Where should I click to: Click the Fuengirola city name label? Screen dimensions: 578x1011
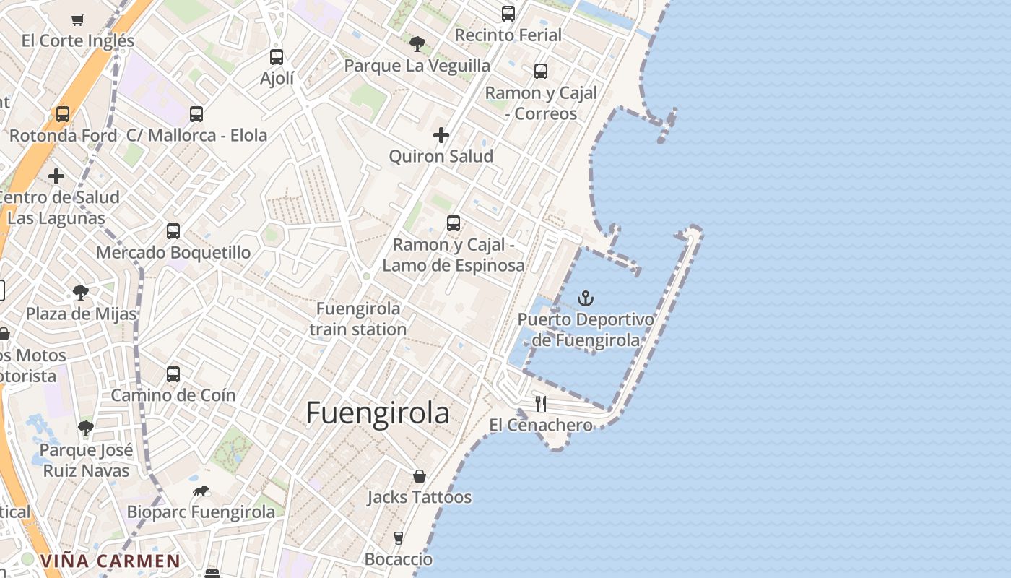(x=378, y=413)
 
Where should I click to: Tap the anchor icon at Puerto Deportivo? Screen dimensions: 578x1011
(x=586, y=298)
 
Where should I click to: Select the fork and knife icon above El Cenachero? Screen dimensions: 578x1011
(x=541, y=403)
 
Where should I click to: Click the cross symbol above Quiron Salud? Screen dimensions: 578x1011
(x=441, y=135)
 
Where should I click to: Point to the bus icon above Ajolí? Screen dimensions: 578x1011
(x=277, y=56)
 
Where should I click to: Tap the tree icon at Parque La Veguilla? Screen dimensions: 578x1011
(x=417, y=44)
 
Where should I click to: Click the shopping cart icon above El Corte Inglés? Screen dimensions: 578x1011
(x=78, y=20)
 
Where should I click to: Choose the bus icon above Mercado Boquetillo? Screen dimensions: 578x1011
(x=173, y=231)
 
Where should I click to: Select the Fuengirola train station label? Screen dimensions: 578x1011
(x=358, y=319)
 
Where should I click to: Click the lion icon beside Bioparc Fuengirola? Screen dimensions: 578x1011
(x=201, y=491)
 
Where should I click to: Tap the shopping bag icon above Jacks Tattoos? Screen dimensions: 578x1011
(x=420, y=476)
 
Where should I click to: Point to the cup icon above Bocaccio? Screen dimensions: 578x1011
(x=399, y=538)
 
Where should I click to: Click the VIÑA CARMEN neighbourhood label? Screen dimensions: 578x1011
(x=110, y=561)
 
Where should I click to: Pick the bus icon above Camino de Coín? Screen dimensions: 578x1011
(x=173, y=374)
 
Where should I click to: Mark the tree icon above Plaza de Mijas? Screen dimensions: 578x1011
(x=81, y=293)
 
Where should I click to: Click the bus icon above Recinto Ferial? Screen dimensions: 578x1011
(x=508, y=14)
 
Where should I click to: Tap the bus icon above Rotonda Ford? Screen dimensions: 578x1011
(x=63, y=114)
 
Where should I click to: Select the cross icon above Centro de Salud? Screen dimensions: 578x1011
(x=56, y=176)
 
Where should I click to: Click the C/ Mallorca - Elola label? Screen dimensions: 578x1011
(x=196, y=135)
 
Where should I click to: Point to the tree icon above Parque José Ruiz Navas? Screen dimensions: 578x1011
(x=86, y=428)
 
